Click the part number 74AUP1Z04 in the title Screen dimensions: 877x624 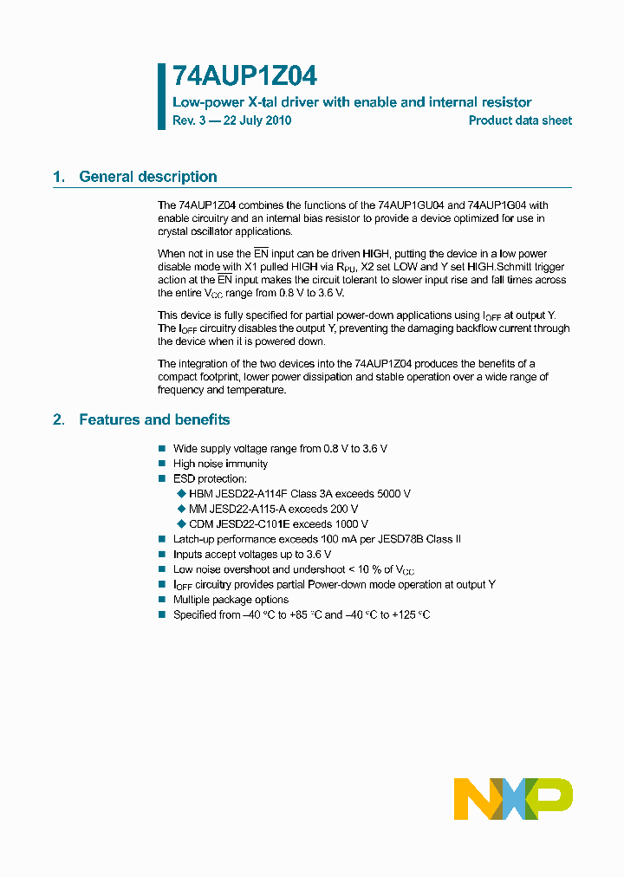[238, 77]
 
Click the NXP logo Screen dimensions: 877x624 [513, 798]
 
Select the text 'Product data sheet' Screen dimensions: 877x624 [520, 120]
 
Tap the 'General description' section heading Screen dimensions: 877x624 [148, 177]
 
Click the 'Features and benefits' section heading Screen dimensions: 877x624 [154, 420]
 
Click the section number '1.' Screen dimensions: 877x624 [59, 177]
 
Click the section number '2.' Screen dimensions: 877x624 [59, 420]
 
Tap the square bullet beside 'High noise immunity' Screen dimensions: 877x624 [161, 464]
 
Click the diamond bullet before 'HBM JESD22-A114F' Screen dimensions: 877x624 [181, 494]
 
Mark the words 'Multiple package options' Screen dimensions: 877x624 [231, 600]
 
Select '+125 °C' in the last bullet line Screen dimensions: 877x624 [409, 615]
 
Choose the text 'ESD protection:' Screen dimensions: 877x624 [210, 479]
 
